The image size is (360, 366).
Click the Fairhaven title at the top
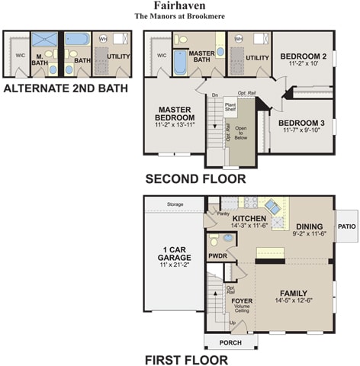tap(179, 5)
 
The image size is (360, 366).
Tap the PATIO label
tap(347, 226)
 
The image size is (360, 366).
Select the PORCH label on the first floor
tap(230, 342)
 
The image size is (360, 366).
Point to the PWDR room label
tap(218, 256)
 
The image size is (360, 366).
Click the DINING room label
tap(309, 226)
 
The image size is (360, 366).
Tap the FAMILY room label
tap(293, 293)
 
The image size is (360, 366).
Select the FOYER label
tap(242, 300)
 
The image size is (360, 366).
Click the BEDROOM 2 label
tap(303, 56)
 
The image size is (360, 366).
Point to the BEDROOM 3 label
tap(302, 123)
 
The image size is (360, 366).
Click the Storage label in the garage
tap(175, 204)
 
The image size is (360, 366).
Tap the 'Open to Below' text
tap(242, 133)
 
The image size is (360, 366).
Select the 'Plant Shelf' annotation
tap(230, 107)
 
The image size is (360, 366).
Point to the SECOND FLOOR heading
tap(195, 179)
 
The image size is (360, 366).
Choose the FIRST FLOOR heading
tap(186, 360)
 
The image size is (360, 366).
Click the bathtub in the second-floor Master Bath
tap(180, 62)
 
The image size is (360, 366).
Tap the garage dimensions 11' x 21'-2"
tap(175, 265)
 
